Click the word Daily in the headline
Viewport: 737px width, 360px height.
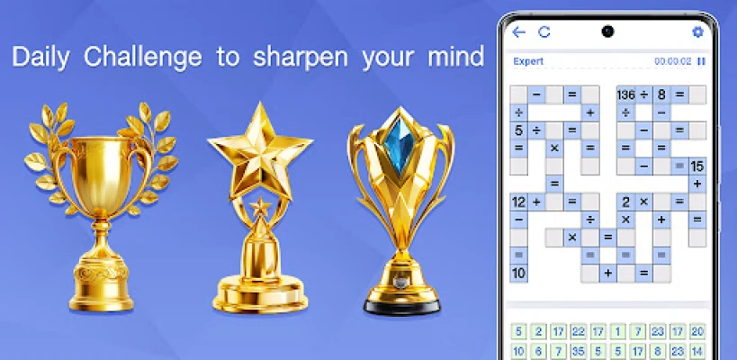point(40,58)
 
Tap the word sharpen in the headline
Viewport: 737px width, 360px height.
point(301,58)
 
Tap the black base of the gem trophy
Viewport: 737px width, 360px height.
point(402,307)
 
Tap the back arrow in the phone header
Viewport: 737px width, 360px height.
point(518,32)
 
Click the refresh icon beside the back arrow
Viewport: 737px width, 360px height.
point(544,32)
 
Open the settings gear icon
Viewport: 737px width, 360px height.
point(698,32)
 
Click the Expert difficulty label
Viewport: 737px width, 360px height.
point(528,61)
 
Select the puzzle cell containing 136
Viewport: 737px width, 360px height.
point(625,94)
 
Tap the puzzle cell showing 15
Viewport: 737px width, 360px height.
point(697,166)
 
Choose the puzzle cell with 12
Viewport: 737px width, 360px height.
point(519,202)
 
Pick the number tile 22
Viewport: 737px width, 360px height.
point(578,332)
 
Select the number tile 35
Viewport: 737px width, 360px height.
point(578,351)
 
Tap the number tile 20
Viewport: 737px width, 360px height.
point(697,332)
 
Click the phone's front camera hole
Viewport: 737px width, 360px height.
point(607,32)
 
